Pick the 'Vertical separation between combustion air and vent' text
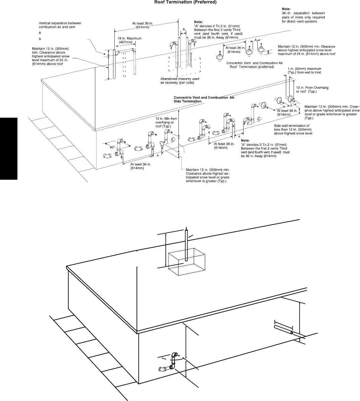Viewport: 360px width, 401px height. coord(60,25)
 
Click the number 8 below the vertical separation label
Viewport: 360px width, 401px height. coord(40,33)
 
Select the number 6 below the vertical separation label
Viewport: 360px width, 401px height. coord(40,39)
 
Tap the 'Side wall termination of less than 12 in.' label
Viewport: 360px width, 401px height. coord(293,129)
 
